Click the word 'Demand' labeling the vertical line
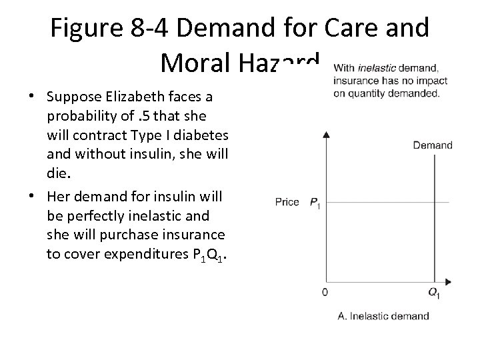(433, 145)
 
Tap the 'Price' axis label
(288, 201)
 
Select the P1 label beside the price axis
(315, 203)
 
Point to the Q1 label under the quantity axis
(434, 293)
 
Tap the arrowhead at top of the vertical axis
(326, 135)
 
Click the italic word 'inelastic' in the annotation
(377, 67)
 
